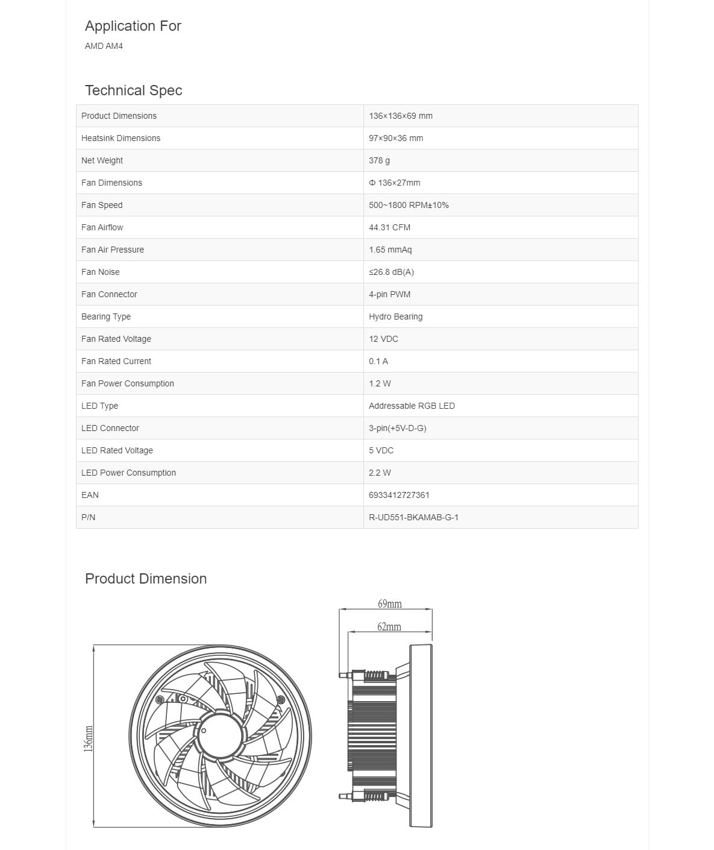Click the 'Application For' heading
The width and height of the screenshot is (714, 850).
click(x=133, y=26)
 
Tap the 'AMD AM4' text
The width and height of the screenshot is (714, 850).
click(x=104, y=46)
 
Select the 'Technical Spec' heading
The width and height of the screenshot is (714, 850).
click(x=133, y=90)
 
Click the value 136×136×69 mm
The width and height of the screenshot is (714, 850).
click(x=400, y=116)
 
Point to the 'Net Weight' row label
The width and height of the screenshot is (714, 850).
click(x=102, y=160)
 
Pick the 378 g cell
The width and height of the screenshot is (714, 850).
click(x=379, y=160)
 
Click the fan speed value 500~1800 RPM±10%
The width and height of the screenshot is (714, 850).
click(x=409, y=205)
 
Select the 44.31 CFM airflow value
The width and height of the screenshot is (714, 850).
click(x=389, y=227)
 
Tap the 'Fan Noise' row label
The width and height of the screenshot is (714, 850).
click(x=100, y=272)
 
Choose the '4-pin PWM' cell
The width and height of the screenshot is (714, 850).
click(x=389, y=294)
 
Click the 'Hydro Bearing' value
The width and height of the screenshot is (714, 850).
click(x=395, y=316)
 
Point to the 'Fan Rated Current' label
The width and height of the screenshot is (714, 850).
click(x=116, y=361)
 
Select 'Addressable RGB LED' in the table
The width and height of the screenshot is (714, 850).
click(x=412, y=406)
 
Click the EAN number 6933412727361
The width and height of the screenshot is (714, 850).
click(x=399, y=495)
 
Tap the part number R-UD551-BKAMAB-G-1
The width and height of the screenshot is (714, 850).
click(x=413, y=517)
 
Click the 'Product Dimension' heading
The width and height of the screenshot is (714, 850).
click(x=146, y=579)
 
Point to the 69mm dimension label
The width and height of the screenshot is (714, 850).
click(x=389, y=603)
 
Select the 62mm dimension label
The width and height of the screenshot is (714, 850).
click(x=389, y=627)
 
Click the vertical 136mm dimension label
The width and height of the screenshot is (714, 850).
click(x=89, y=739)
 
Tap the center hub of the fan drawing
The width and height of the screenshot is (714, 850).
click(x=220, y=735)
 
